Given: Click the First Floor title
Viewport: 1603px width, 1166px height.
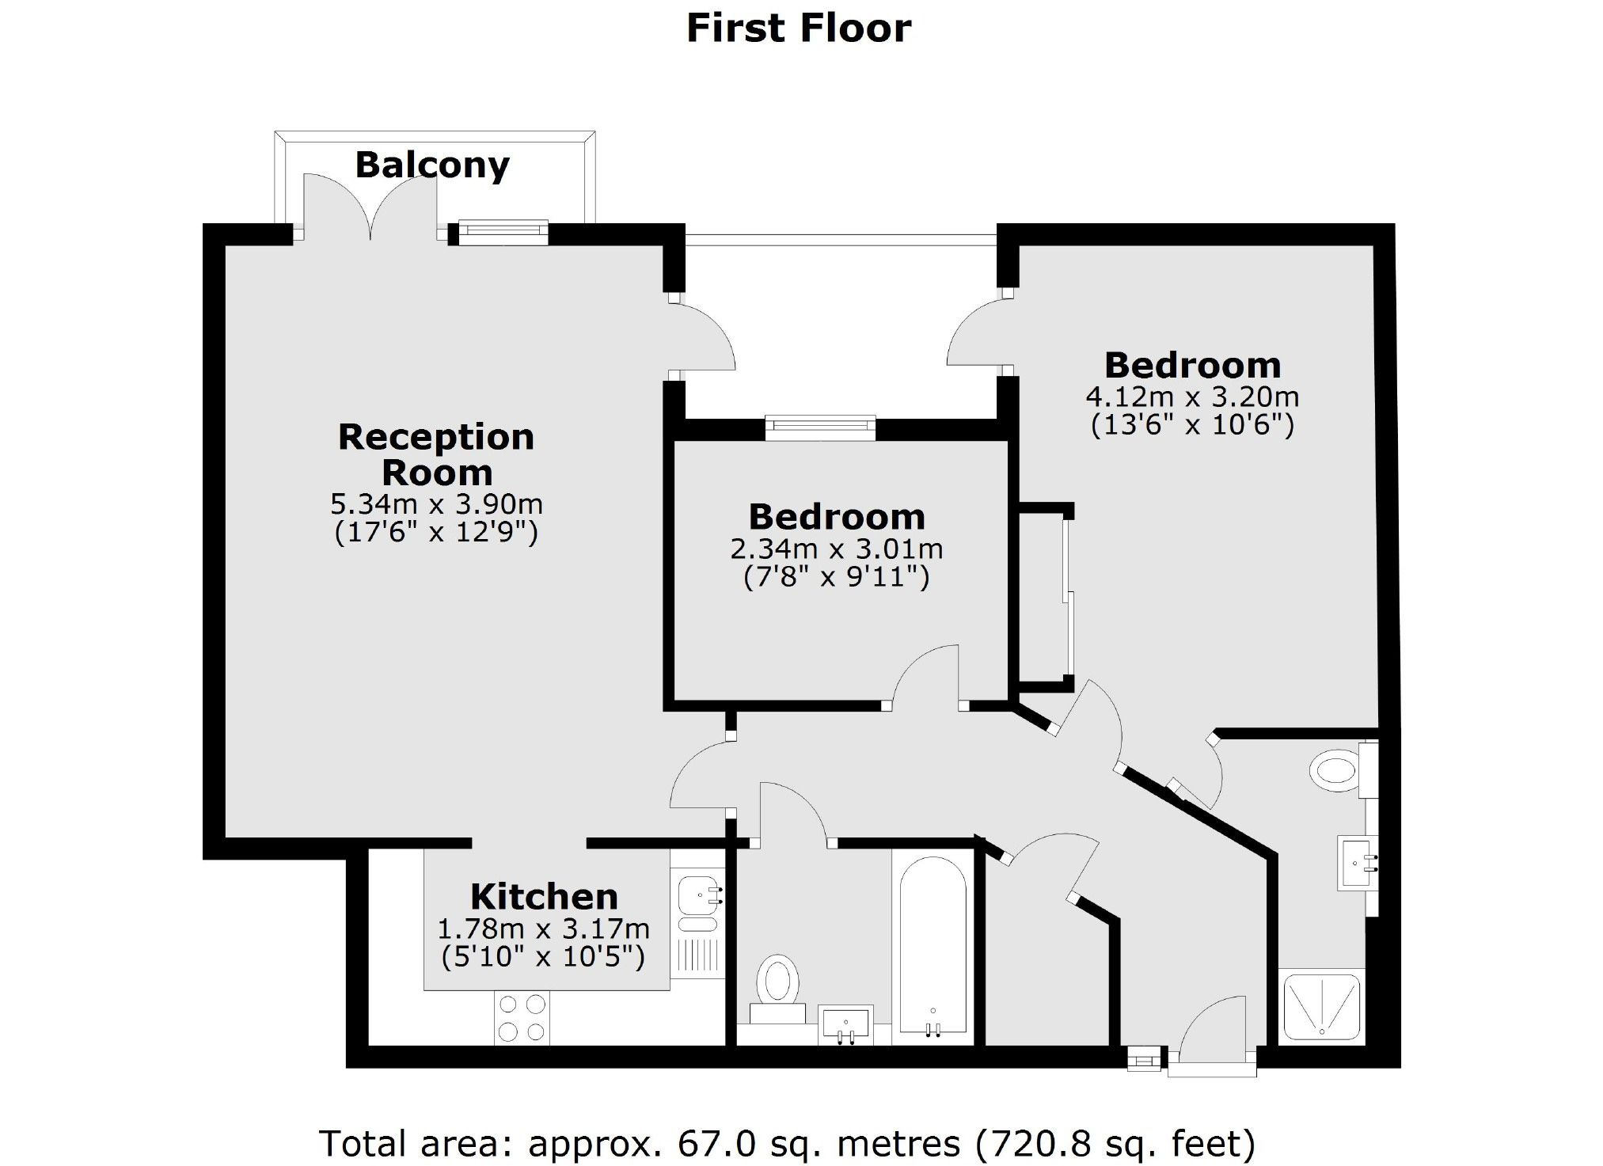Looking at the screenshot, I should [x=798, y=28].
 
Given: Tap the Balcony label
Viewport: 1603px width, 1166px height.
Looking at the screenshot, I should [x=432, y=165].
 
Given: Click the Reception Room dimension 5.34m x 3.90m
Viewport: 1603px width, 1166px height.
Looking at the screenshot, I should [x=436, y=503].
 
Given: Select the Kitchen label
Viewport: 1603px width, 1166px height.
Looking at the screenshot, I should [x=544, y=897].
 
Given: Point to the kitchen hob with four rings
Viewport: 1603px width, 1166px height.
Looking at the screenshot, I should [x=522, y=1018].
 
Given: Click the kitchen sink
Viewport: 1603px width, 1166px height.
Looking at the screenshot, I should [x=698, y=895].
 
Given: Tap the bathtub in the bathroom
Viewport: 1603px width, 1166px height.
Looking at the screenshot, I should [x=933, y=946].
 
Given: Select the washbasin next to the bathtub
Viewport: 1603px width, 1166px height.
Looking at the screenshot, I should [x=845, y=1026].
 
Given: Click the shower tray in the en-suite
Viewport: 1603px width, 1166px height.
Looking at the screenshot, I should [x=1322, y=1007].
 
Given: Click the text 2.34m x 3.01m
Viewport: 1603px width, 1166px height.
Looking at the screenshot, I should [x=837, y=549].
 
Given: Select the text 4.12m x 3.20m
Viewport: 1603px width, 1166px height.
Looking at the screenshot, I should [x=1192, y=396].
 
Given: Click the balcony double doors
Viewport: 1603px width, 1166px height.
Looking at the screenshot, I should [x=370, y=207].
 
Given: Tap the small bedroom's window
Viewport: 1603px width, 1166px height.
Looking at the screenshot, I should [x=821, y=428].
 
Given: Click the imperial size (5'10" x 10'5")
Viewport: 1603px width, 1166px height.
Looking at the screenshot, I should [x=543, y=957].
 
